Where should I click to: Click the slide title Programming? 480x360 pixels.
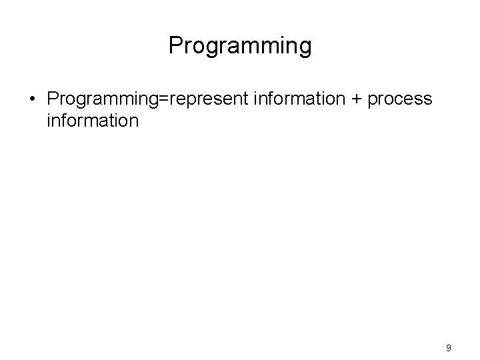(x=240, y=46)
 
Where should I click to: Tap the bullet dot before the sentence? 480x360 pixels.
(x=31, y=100)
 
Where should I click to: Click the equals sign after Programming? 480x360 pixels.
(x=169, y=99)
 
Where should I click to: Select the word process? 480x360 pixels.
(x=400, y=99)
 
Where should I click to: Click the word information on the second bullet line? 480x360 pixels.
(x=93, y=121)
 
